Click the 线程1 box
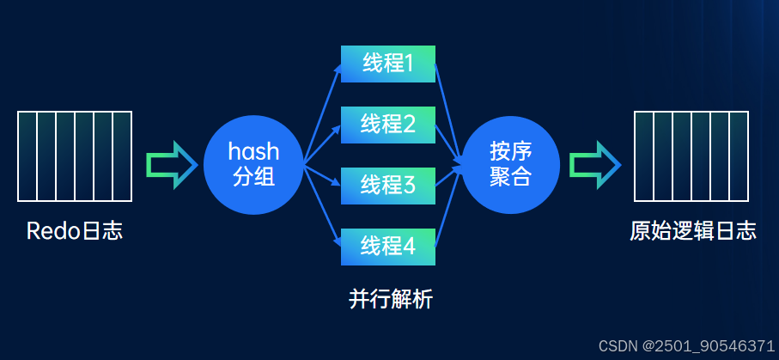[388, 64]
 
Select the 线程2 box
[388, 125]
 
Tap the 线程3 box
[388, 186]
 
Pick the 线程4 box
[388, 247]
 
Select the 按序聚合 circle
[511, 164]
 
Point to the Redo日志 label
[75, 231]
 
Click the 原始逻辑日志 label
[692, 231]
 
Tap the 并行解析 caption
[391, 299]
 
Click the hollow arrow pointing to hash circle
[172, 164]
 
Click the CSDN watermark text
[686, 345]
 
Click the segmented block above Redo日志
[75, 156]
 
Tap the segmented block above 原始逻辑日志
[691, 156]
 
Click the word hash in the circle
[253, 152]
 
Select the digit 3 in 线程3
[409, 186]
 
